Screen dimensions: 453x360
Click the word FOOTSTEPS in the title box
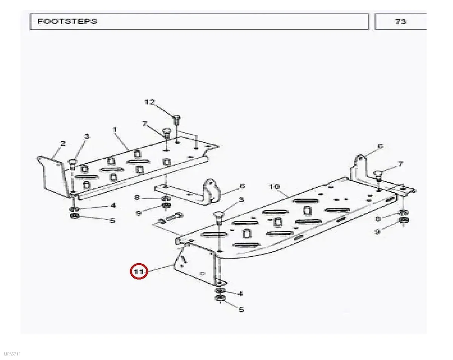(x=67, y=21)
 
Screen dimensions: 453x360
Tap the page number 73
(x=401, y=22)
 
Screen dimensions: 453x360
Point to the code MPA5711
(x=12, y=354)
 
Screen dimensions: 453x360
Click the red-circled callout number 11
(x=139, y=272)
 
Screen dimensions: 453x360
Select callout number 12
(x=149, y=102)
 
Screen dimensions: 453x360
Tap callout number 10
(x=274, y=187)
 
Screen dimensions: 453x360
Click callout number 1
(x=115, y=129)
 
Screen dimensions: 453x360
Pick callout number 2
(x=63, y=143)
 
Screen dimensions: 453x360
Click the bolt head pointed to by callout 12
(x=176, y=118)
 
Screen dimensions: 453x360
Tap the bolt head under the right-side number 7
(x=378, y=174)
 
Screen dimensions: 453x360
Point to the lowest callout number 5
(x=241, y=309)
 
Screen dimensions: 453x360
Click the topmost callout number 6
(x=381, y=146)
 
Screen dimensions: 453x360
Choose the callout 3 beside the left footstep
(x=87, y=137)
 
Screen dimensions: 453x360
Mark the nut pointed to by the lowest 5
(x=220, y=298)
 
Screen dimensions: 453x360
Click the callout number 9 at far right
(x=377, y=232)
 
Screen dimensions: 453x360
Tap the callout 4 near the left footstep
(x=113, y=205)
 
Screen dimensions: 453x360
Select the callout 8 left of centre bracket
(x=137, y=198)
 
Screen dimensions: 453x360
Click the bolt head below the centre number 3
(x=218, y=215)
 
